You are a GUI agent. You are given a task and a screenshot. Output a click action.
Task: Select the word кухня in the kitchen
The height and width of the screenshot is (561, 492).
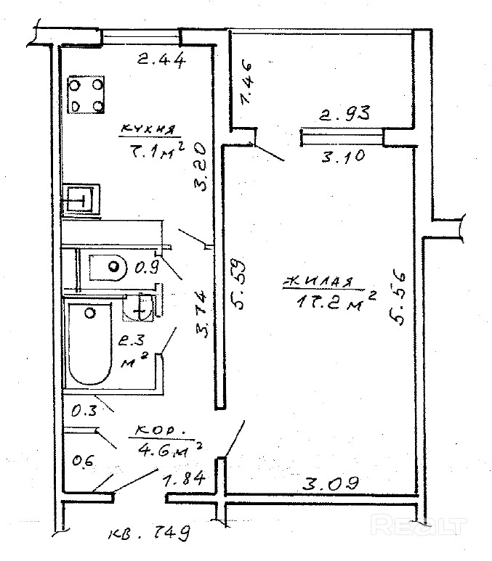(148, 130)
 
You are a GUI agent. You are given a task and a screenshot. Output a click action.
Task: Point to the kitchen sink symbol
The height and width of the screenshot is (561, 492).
(78, 198)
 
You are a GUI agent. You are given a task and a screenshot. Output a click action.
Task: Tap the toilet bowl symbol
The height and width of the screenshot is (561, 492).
(108, 267)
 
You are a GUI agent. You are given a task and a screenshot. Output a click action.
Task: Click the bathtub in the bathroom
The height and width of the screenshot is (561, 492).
(89, 345)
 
